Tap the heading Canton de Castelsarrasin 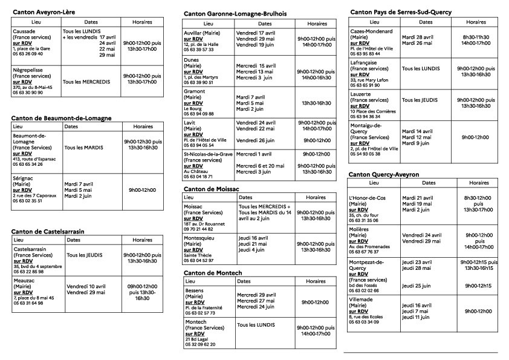click(48, 231)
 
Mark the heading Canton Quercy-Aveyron click(384, 174)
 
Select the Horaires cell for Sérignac click(142, 190)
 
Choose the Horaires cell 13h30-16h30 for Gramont click(317, 103)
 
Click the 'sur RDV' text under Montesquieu click(193, 250)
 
